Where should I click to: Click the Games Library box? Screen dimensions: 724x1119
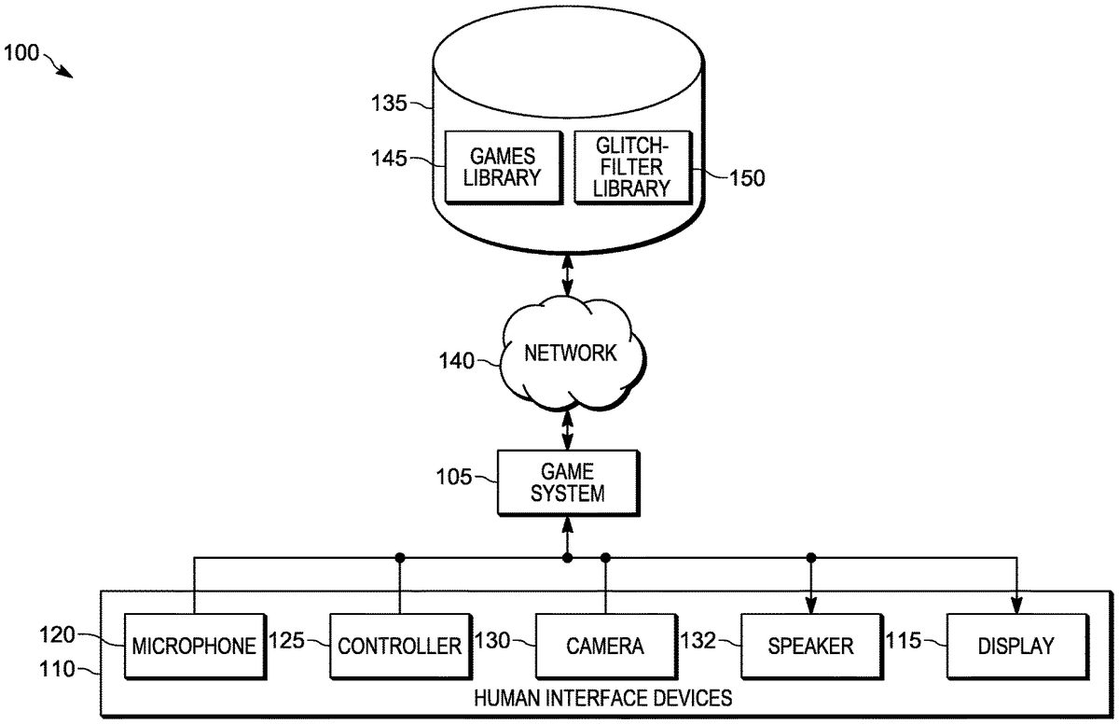[x=504, y=167]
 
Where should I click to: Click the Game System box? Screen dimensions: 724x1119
[x=567, y=481]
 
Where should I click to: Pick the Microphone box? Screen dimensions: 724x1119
[x=194, y=646]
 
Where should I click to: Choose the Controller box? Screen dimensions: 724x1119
[x=399, y=646]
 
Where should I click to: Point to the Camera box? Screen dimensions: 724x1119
[x=605, y=646]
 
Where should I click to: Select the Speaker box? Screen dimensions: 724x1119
[x=810, y=646]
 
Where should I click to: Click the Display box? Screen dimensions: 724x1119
[x=1016, y=646]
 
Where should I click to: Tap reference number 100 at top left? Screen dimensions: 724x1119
[x=21, y=53]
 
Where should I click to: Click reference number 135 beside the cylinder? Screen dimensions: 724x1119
[x=389, y=104]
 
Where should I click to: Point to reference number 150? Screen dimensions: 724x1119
[x=746, y=177]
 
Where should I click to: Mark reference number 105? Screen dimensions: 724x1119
[x=455, y=479]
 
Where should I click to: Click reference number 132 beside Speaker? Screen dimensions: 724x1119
[x=699, y=642]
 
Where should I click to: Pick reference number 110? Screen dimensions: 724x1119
[x=58, y=669]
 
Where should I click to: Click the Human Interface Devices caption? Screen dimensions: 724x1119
[x=603, y=697]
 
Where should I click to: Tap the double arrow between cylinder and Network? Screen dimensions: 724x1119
[x=567, y=275]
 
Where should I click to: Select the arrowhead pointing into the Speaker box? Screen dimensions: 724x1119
[x=811, y=606]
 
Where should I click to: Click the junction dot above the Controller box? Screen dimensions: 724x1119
[x=400, y=558]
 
